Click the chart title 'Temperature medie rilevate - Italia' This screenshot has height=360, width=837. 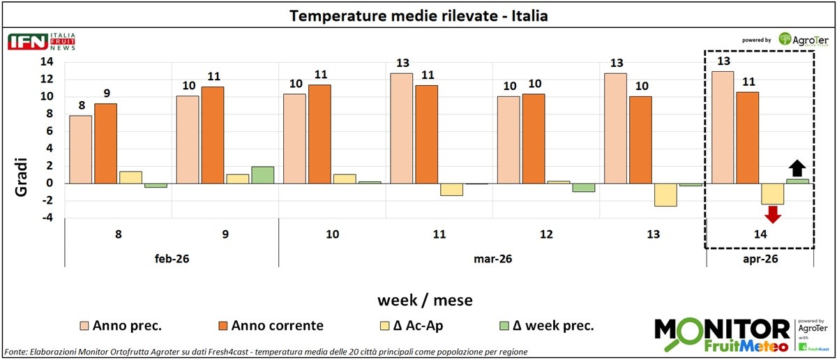(418, 15)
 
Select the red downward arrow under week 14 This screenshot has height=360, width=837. (773, 215)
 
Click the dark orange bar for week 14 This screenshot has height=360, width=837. (748, 137)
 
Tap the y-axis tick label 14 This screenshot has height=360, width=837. (47, 61)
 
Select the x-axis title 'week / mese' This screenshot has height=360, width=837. (425, 301)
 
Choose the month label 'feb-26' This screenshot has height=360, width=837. (171, 257)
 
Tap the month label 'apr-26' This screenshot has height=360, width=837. (760, 257)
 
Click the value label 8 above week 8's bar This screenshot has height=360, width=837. (82, 106)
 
